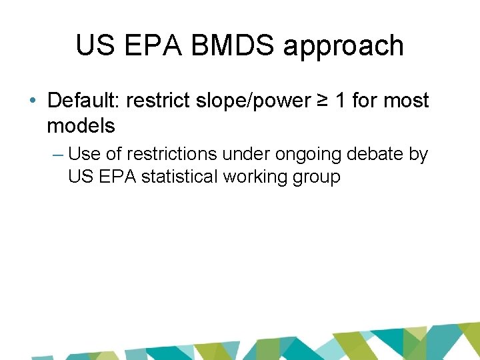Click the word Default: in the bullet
83,101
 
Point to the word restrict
151,101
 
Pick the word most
407,101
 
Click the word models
81,125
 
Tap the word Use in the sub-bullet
84,154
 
